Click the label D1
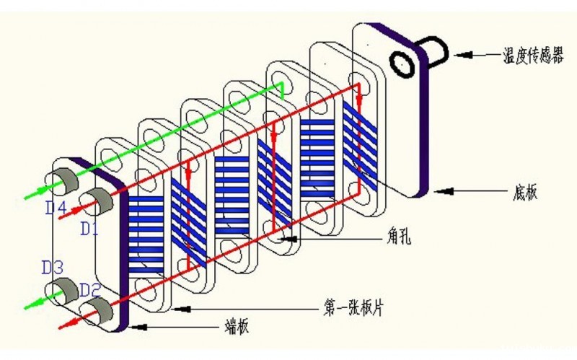point(89,229)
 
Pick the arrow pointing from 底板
point(468,191)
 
